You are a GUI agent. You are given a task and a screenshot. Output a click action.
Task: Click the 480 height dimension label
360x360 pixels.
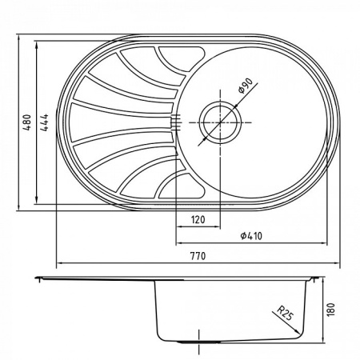click(x=27, y=123)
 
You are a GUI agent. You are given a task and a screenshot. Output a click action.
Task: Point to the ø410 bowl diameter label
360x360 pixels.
click(x=252, y=236)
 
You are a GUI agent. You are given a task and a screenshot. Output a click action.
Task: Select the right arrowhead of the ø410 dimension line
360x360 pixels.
click(x=326, y=243)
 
